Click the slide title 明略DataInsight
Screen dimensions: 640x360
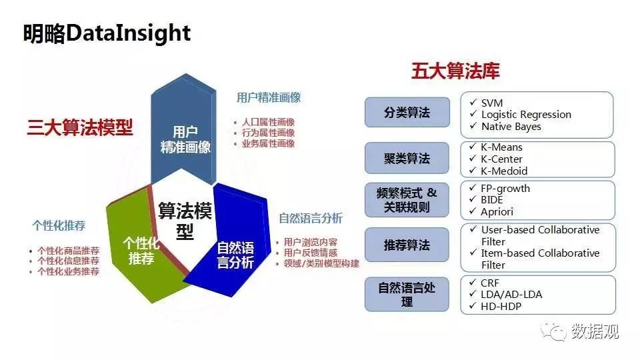coord(107,33)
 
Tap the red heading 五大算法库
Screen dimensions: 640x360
coord(455,71)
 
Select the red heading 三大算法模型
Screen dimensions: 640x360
coord(80,127)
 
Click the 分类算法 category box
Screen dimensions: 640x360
coord(407,112)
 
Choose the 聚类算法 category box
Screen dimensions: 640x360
coord(407,158)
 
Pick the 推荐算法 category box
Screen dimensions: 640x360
coord(407,245)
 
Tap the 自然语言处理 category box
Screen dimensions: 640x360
coord(407,294)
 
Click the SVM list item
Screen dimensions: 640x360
coord(492,103)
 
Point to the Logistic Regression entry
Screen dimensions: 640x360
coord(526,115)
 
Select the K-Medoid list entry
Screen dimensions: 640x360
coord(504,171)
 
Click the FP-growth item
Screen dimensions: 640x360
coord(505,189)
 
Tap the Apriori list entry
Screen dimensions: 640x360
coord(497,212)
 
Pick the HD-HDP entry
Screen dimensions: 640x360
coord(501,306)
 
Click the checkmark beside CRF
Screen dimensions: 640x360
coord(473,282)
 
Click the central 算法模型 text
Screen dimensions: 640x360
coord(185,221)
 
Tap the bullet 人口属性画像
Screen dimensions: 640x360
coord(268,122)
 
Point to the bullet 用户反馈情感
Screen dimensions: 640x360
coord(311,253)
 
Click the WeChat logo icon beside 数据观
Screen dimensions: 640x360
coord(553,331)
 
